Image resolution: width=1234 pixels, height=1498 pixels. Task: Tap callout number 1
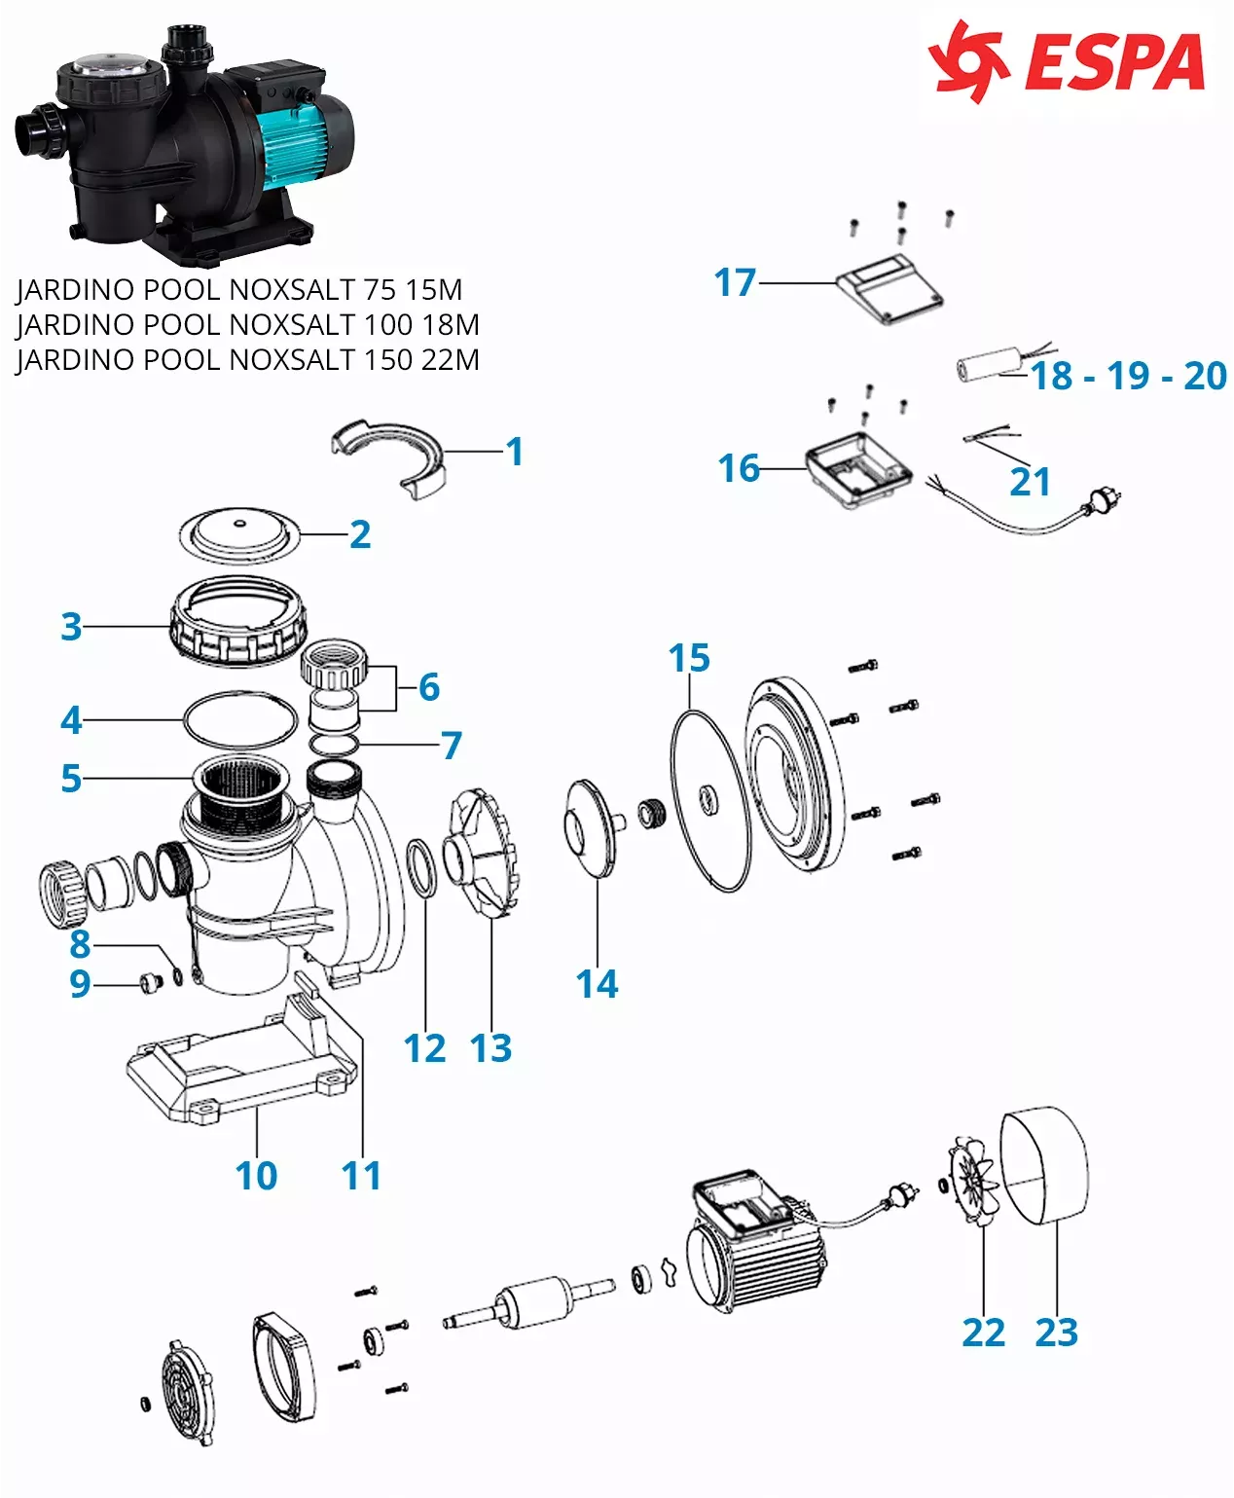click(515, 452)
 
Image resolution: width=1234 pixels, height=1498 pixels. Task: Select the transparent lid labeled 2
click(239, 535)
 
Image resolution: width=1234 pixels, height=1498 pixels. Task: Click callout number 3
click(71, 626)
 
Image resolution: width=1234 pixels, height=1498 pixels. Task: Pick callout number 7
click(452, 746)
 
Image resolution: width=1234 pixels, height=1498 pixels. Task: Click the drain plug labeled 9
click(149, 983)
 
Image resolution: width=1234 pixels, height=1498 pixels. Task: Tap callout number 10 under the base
click(256, 1175)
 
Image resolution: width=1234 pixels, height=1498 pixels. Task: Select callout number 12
click(425, 1048)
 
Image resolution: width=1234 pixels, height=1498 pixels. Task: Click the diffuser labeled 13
click(481, 857)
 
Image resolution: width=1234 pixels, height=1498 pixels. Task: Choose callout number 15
click(689, 659)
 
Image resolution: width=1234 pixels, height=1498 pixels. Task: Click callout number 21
click(1030, 482)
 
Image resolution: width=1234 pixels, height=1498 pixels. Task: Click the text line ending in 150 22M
click(248, 360)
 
